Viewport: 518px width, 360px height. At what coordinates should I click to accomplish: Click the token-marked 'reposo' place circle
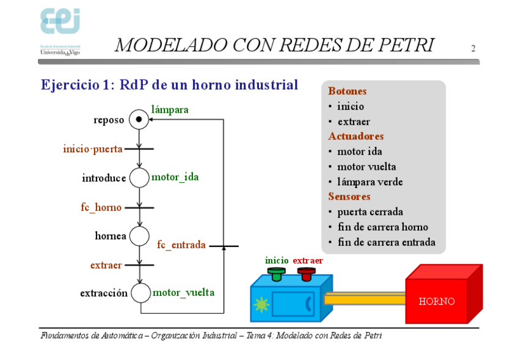pyautogui.click(x=139, y=120)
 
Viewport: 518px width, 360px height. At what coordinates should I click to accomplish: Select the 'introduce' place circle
pyautogui.click(x=139, y=178)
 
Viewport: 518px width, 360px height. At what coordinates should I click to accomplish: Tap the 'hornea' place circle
pyautogui.click(x=139, y=236)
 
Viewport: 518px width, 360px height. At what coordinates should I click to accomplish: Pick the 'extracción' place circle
pyautogui.click(x=140, y=293)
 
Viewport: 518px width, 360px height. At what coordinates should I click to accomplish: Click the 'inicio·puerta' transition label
pyautogui.click(x=93, y=149)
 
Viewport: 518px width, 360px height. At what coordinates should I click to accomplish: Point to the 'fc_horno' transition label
pyautogui.click(x=101, y=207)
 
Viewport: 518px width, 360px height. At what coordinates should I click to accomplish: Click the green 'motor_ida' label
pyautogui.click(x=175, y=177)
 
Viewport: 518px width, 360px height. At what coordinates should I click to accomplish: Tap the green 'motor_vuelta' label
pyautogui.click(x=183, y=293)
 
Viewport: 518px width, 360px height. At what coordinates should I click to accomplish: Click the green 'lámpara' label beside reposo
pyautogui.click(x=170, y=110)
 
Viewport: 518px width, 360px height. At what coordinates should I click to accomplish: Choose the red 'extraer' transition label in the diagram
pyautogui.click(x=106, y=265)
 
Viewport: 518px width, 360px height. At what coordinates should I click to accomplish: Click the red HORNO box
pyautogui.click(x=437, y=301)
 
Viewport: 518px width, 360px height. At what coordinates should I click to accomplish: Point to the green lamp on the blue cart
pyautogui.click(x=261, y=304)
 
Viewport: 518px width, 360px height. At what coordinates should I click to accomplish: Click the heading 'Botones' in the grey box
pyautogui.click(x=347, y=91)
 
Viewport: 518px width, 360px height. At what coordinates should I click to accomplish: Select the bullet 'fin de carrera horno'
pyautogui.click(x=382, y=227)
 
